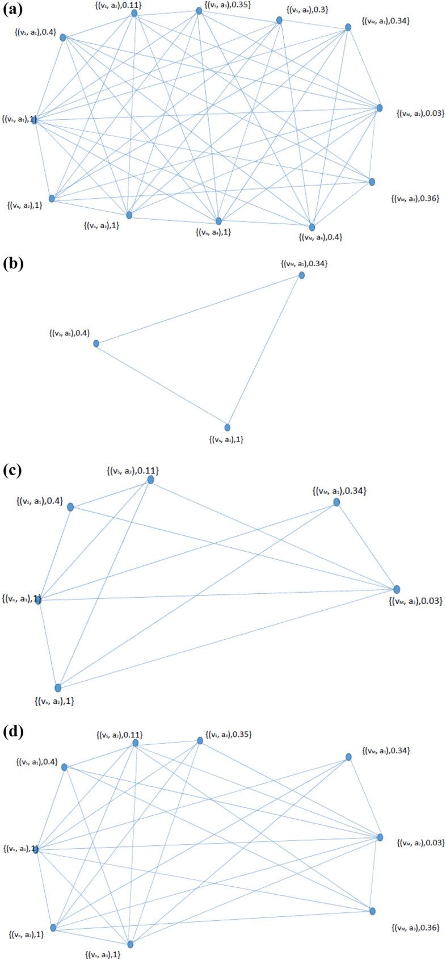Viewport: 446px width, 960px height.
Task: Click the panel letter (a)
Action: [x=12, y=10]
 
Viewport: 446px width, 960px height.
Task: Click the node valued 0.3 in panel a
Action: [x=279, y=20]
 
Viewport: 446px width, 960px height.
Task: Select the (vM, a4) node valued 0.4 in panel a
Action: [x=312, y=227]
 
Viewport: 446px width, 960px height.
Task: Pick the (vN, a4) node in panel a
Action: [x=218, y=221]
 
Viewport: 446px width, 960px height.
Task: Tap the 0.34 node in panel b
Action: [x=302, y=275]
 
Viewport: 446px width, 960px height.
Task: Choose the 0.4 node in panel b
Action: [x=96, y=343]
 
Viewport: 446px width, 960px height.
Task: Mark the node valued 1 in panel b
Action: [x=228, y=427]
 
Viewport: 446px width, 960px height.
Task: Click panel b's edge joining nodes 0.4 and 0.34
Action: [x=199, y=309]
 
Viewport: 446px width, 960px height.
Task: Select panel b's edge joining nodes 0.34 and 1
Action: [x=264, y=351]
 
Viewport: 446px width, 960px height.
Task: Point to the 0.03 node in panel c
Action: [x=397, y=589]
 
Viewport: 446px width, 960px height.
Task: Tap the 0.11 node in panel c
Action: [x=150, y=480]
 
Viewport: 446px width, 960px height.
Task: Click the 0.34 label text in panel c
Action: [x=339, y=491]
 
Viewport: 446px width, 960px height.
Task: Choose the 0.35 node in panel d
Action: [x=200, y=740]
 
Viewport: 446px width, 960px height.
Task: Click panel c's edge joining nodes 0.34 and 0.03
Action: [x=367, y=546]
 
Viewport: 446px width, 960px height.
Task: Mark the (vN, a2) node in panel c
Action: [x=58, y=688]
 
